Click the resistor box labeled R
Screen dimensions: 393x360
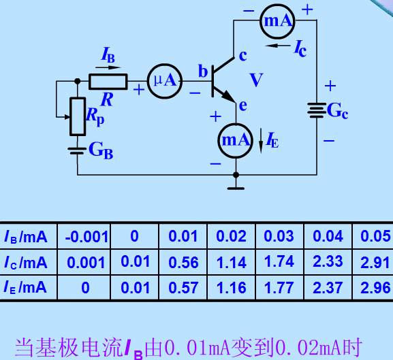(x=108, y=82)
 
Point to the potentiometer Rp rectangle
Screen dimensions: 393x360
(x=78, y=116)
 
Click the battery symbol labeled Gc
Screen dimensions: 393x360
(x=317, y=110)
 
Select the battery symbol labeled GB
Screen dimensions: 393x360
(x=77, y=151)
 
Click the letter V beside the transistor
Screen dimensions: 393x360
(x=256, y=80)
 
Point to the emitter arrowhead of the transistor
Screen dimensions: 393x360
(x=229, y=97)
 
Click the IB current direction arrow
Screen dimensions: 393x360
(x=108, y=67)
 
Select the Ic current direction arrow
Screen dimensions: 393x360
(x=278, y=46)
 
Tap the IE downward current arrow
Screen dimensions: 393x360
(x=261, y=141)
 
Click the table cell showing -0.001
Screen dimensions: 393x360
(x=87, y=237)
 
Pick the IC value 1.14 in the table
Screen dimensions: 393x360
(x=232, y=263)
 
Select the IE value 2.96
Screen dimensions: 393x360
(x=375, y=287)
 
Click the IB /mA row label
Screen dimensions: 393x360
(x=26, y=237)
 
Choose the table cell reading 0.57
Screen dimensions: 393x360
(x=183, y=287)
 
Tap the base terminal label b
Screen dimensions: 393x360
(x=203, y=71)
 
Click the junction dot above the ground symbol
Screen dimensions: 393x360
(x=236, y=175)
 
